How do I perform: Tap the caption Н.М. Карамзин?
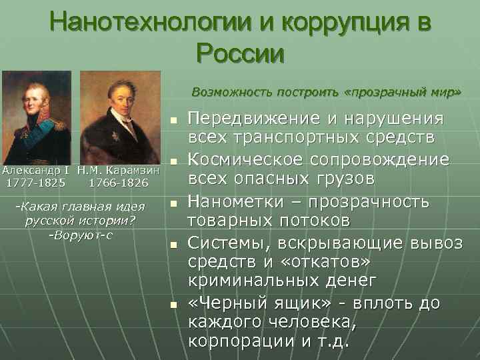[x=118, y=169]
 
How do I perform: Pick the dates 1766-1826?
[x=119, y=181]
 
